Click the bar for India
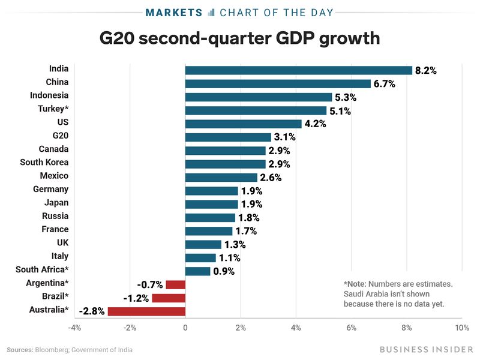coord(298,70)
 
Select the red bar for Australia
coord(146,311)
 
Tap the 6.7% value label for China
coord(384,84)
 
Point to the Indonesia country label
coord(49,95)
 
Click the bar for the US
coord(243,124)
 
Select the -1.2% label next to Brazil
coord(136,298)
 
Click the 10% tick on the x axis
coord(461,328)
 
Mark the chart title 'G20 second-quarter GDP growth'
coord(240,39)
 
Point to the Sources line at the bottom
coord(70,350)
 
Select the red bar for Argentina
coord(175,284)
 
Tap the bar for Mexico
coord(221,178)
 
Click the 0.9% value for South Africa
coord(224,271)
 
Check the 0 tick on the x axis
coord(185,328)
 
